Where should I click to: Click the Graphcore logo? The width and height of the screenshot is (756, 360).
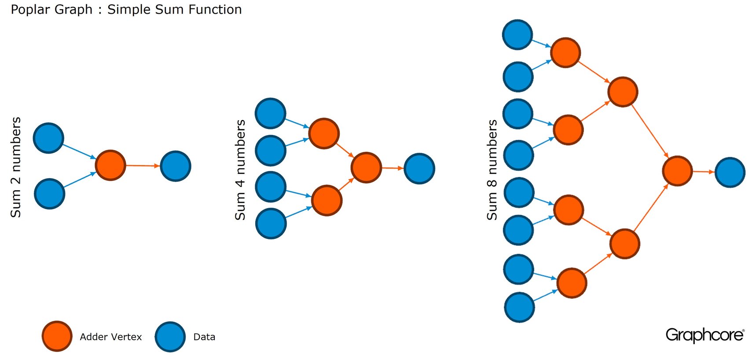pos(705,335)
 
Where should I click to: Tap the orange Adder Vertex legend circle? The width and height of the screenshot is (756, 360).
pos(57,336)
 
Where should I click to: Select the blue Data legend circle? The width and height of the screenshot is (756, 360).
pos(170,337)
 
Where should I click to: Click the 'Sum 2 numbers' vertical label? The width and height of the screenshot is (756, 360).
pos(16,167)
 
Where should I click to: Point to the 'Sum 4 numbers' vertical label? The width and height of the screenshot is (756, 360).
pos(240,169)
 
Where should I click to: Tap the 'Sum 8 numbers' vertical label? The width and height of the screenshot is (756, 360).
pos(492,169)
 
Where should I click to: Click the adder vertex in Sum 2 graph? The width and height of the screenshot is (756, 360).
pos(110,165)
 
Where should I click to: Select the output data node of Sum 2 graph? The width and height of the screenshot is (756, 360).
pos(176,166)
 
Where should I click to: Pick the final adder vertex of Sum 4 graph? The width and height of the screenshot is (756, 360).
pos(366,168)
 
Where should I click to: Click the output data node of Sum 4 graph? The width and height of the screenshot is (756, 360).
pos(419,169)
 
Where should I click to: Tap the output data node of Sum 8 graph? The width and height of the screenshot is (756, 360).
pos(730,173)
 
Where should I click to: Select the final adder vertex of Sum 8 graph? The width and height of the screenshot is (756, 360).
pos(677,171)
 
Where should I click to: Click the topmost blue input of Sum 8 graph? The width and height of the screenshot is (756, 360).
pos(517,35)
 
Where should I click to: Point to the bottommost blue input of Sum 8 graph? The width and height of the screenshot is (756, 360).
pos(520,307)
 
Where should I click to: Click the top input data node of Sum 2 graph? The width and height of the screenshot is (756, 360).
pos(48,138)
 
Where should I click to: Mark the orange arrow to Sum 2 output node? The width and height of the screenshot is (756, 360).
pos(143,166)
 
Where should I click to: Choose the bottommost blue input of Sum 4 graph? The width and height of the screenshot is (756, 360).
pos(271,224)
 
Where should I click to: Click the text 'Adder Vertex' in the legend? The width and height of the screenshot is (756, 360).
pos(111,337)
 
